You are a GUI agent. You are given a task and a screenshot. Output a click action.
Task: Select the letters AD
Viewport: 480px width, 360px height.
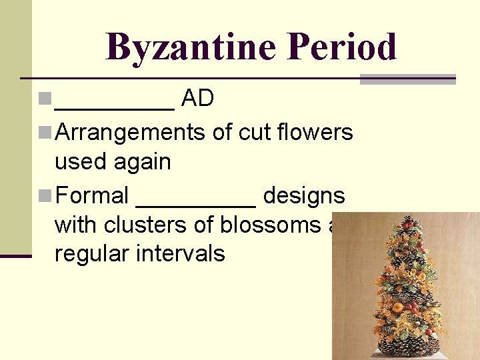pos(197,99)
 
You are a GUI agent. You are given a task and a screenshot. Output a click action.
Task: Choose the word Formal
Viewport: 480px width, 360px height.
pos(93,195)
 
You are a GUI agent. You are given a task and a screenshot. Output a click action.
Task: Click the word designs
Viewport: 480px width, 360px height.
pos(304,196)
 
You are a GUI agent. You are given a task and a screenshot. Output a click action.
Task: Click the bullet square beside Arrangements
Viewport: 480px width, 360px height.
pos(45,133)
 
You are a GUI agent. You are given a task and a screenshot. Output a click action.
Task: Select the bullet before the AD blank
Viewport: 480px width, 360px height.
pos(45,99)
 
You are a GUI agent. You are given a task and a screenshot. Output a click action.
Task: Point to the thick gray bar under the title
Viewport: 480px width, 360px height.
pos(407,79)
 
